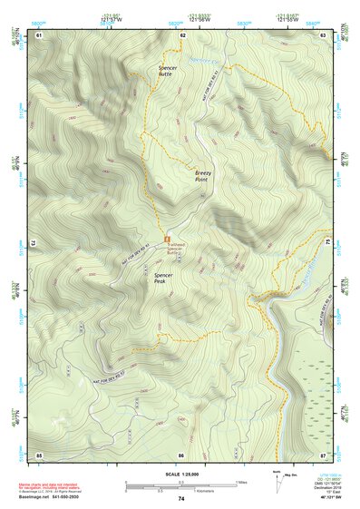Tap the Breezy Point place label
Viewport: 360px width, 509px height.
coord(202,175)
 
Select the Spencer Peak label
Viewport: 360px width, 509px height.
coord(164,278)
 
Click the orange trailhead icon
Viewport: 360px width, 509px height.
coord(167,240)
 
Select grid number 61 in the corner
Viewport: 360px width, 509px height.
coord(39,34)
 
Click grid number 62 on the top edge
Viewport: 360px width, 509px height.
coord(182,34)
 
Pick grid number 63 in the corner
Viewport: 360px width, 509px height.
coord(323,34)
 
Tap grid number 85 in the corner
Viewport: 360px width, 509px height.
coord(39,454)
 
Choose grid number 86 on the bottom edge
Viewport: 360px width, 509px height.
coord(181,454)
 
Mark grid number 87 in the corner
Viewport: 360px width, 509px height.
coord(323,454)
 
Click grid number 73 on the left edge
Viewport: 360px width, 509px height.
coord(34,243)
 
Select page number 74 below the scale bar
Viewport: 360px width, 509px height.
coord(180,499)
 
